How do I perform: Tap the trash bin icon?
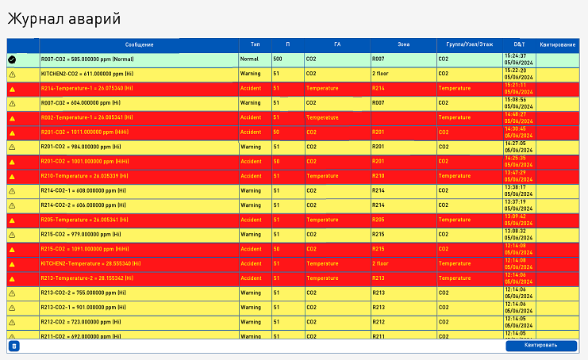pyautogui.click(x=13, y=346)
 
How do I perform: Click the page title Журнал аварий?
pyautogui.click(x=65, y=18)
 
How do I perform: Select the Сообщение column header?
pyautogui.click(x=139, y=44)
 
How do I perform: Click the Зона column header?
pyautogui.click(x=403, y=44)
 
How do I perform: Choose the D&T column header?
pyautogui.click(x=519, y=44)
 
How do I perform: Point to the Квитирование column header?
pyautogui.click(x=557, y=44)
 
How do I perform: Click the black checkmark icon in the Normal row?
pyautogui.click(x=12, y=59)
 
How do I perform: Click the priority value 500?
pyautogui.click(x=278, y=59)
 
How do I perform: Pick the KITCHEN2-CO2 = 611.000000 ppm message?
pyautogui.click(x=86, y=73)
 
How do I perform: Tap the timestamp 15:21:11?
pyautogui.click(x=515, y=85)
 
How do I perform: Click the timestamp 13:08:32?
pyautogui.click(x=515, y=232)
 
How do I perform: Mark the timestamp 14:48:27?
pyautogui.click(x=515, y=114)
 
